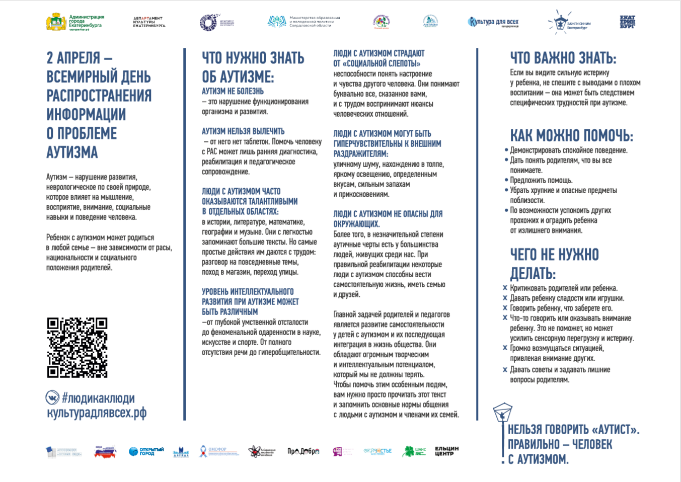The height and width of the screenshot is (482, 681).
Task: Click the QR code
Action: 77,347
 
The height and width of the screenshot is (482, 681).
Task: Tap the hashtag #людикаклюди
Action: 98,398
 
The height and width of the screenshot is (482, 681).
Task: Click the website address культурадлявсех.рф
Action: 97,413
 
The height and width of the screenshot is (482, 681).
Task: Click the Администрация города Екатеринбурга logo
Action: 75,23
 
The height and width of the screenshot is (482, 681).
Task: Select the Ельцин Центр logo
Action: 446,451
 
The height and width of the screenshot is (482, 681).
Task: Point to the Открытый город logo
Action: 146,451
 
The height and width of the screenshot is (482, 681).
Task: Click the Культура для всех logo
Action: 493,22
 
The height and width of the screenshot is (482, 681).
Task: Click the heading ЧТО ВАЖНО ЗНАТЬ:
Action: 563,58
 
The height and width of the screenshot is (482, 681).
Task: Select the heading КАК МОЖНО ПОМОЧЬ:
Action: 571,136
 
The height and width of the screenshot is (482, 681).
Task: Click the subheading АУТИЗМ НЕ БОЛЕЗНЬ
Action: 233,91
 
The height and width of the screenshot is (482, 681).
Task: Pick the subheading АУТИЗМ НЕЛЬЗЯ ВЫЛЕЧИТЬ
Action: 243,131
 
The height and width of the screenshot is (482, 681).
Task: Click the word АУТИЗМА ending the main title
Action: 72,152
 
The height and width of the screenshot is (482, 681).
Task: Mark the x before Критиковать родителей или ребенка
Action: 505,288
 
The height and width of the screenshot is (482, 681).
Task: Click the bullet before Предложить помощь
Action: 506,180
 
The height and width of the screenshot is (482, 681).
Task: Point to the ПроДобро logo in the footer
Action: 303,451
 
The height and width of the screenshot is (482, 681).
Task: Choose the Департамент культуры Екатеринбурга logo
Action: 149,22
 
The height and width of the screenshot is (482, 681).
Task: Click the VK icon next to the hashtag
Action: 52,398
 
